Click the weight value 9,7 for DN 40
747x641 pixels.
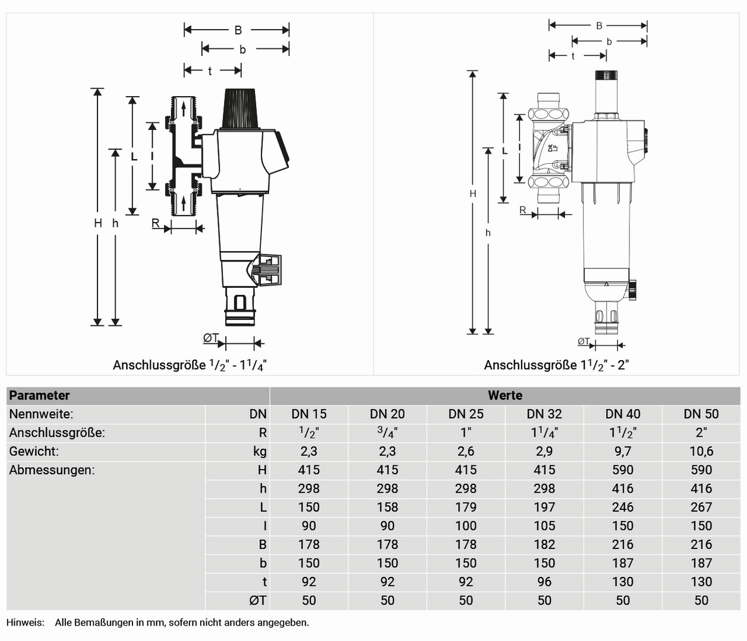click(622, 452)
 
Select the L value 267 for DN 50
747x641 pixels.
click(701, 507)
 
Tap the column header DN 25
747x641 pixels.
click(465, 414)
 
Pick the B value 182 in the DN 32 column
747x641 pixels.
click(544, 545)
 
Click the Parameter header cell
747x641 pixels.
click(39, 396)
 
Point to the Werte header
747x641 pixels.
click(505, 396)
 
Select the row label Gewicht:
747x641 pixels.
click(34, 452)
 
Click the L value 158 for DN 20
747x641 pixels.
click(387, 507)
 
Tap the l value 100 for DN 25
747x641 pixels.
click(465, 526)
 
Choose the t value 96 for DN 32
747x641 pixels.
click(544, 582)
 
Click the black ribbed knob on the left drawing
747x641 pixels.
click(240, 109)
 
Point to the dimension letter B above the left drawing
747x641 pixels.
click(238, 30)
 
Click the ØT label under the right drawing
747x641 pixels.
click(584, 342)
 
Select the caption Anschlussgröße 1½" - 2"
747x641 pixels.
click(556, 366)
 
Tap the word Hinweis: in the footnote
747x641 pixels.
click(26, 623)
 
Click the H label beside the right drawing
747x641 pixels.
click(473, 193)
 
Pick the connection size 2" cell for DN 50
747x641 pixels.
click(701, 433)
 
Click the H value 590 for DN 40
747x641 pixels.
click(622, 470)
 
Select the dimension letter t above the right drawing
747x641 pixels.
click(573, 56)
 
